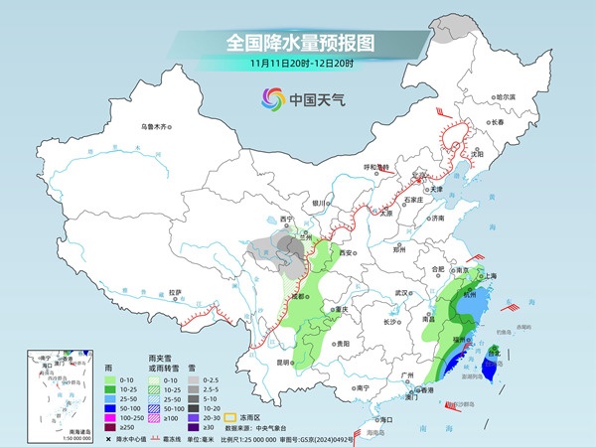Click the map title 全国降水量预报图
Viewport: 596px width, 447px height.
point(298,43)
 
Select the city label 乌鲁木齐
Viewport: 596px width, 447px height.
point(156,126)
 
